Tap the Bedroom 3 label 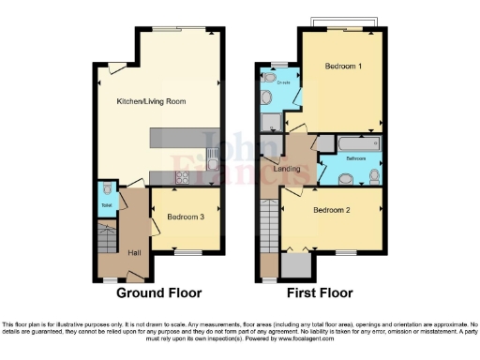click(x=186, y=217)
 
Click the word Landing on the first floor click(x=287, y=168)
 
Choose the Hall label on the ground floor click(x=134, y=252)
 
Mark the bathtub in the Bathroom click(x=354, y=144)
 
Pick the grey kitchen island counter click(x=184, y=140)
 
